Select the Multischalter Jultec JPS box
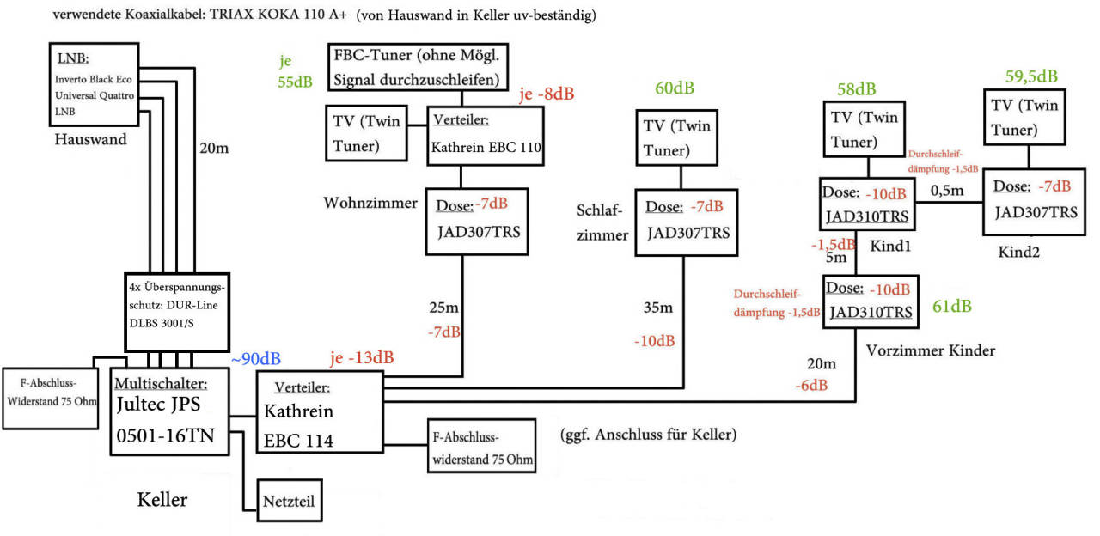(171, 411)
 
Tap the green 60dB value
(675, 88)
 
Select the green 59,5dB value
(1031, 76)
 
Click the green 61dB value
(952, 306)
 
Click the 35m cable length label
(658, 307)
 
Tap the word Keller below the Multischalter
(162, 500)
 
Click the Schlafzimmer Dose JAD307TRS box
(685, 222)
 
